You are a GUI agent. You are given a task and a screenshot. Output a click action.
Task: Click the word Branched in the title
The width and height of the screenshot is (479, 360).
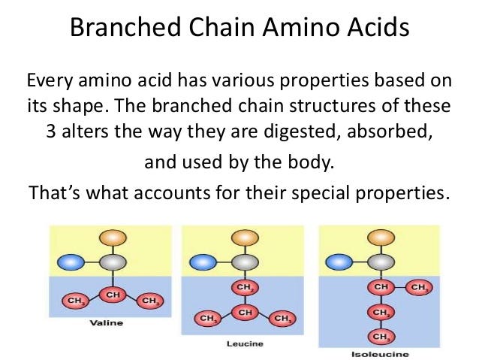tap(125, 27)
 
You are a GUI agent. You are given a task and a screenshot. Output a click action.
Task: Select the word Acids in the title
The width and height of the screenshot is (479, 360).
tap(378, 27)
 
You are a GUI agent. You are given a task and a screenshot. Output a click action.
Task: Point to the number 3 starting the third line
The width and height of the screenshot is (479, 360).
tap(51, 132)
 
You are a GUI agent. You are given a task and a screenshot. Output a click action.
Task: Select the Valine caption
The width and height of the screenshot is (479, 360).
tap(107, 322)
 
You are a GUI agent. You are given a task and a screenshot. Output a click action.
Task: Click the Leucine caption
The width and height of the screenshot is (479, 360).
tap(245, 343)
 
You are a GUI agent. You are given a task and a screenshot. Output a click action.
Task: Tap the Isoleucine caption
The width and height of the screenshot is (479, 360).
tap(380, 354)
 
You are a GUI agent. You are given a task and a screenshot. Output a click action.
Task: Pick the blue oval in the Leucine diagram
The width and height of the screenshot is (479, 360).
tap(203, 262)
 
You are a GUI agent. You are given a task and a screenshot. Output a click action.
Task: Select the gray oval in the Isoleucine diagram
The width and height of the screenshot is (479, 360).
tap(381, 262)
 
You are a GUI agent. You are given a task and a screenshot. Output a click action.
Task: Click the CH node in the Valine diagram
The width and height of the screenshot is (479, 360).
tap(113, 295)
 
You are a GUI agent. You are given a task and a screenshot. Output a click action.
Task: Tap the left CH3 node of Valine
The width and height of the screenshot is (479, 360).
tap(75, 301)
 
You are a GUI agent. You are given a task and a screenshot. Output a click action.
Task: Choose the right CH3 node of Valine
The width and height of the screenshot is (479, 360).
tap(150, 301)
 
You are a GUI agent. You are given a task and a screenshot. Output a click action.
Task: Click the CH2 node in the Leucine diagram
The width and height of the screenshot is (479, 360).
tap(245, 287)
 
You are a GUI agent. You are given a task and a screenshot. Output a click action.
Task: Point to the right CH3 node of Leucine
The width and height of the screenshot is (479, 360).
tap(282, 319)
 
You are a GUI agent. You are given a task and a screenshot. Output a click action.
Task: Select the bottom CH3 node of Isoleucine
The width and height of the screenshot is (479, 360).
tap(381, 337)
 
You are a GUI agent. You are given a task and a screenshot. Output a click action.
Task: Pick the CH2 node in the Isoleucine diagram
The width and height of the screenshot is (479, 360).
tap(381, 313)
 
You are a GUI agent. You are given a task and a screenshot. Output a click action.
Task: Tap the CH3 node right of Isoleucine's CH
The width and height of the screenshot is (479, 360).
tap(419, 287)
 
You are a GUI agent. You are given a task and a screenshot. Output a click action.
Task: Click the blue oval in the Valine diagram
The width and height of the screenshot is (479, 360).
tap(71, 262)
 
